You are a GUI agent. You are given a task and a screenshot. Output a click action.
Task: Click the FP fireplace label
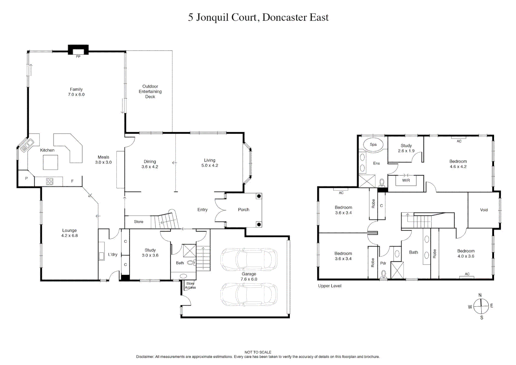(x=78, y=57)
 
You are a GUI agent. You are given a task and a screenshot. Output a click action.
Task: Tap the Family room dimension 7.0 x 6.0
(x=76, y=95)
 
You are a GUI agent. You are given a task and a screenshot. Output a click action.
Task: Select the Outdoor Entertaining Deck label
(x=150, y=92)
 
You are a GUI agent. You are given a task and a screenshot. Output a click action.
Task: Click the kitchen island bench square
(x=50, y=162)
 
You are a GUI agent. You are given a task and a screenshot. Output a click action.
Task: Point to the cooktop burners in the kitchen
(x=50, y=181)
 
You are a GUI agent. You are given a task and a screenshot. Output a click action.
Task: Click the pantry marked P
(x=26, y=178)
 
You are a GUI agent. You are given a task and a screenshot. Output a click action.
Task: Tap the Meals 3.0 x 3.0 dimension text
(x=103, y=163)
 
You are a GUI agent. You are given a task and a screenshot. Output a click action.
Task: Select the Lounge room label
(x=69, y=230)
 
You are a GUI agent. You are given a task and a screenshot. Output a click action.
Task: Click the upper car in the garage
(x=249, y=259)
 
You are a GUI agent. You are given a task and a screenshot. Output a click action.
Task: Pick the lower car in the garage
(x=249, y=294)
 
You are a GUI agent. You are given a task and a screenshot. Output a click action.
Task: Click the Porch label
(x=243, y=210)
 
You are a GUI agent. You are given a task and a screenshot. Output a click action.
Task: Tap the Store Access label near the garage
(x=190, y=286)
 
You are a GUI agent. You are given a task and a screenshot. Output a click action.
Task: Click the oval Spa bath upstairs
(x=373, y=144)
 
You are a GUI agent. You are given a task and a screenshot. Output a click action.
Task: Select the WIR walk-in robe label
(x=406, y=180)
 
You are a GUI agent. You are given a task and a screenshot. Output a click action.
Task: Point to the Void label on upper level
(x=484, y=210)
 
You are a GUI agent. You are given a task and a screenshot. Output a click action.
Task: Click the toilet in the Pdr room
(x=384, y=274)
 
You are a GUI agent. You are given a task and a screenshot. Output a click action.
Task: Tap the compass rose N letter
(x=480, y=295)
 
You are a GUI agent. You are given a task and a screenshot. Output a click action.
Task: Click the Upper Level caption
(x=329, y=286)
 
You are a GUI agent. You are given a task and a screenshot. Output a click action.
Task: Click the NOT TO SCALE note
(x=258, y=352)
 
